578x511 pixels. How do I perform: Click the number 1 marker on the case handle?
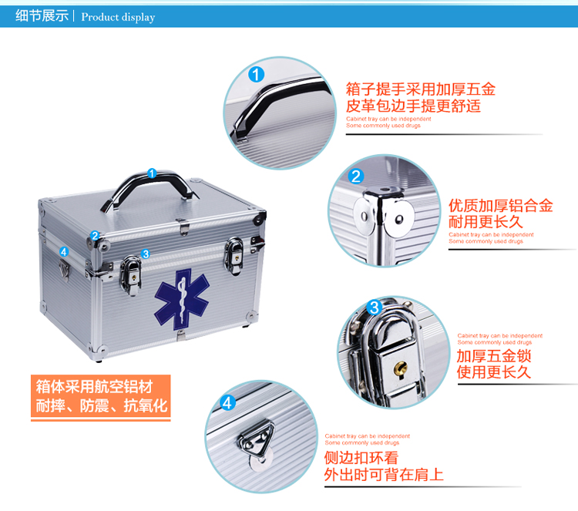pos(152,173)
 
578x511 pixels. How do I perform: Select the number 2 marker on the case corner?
pos(95,235)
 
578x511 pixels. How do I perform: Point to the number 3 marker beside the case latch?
pos(146,254)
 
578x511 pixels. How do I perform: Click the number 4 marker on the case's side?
pos(64,251)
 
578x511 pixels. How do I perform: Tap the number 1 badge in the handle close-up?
pos(256,74)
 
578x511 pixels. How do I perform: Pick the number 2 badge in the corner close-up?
pos(356,176)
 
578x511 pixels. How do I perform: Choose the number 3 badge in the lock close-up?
pos(374,307)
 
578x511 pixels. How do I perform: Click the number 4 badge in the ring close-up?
pos(227,403)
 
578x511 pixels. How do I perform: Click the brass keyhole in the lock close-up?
pos(400,368)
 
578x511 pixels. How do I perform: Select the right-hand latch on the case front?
pos(234,256)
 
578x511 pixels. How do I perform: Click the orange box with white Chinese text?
pos(101,397)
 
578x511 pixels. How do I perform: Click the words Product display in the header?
pos(118,17)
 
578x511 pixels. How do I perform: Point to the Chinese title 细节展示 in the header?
pos(42,16)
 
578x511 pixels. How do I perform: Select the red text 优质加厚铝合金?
pos(501,205)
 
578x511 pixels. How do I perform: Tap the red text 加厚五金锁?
pos(493,356)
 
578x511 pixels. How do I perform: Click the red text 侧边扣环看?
pos(361,458)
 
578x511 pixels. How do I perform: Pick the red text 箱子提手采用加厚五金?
pos(421,89)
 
